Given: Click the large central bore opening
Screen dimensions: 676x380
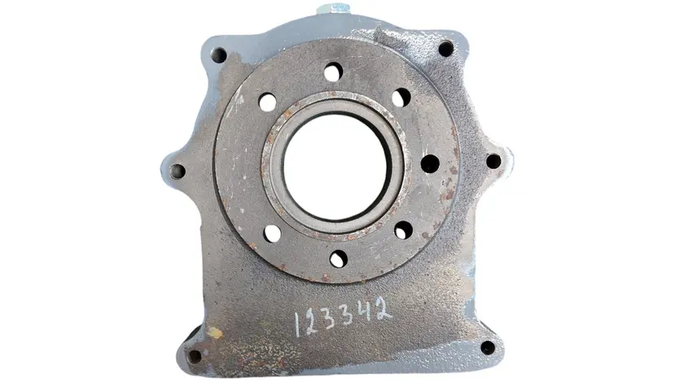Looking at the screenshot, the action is pos(336,167).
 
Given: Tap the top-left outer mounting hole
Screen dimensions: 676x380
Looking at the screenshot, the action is pos(218,55).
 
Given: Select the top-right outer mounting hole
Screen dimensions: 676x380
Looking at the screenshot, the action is pos(446,48).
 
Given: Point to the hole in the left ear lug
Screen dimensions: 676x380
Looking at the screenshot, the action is pos(177,171).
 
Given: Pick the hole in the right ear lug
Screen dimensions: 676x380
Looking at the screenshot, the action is pos(494,161).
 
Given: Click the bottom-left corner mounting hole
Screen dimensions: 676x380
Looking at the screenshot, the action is pos(195,356).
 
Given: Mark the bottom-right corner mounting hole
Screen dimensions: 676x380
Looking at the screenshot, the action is pos(488,347).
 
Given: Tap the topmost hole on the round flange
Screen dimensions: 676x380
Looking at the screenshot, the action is pos(333,72).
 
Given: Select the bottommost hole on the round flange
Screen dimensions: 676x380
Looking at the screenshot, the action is pos(339,259).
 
